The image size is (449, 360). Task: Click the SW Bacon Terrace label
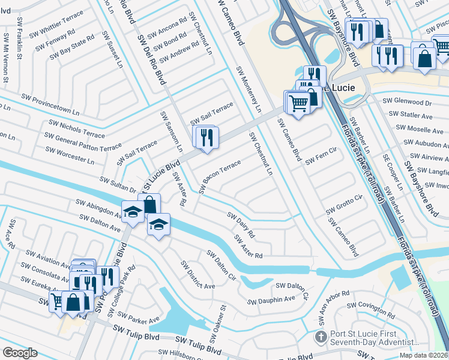pyautogui.click(x=220, y=177)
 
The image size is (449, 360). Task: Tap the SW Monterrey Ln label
pyautogui.click(x=249, y=89)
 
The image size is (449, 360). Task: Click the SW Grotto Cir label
pyautogui.click(x=345, y=205)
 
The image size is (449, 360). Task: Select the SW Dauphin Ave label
pyautogui.click(x=271, y=299)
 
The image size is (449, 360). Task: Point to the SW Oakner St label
pyautogui.click(x=217, y=325)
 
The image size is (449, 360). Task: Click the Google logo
pyautogui.click(x=20, y=353)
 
